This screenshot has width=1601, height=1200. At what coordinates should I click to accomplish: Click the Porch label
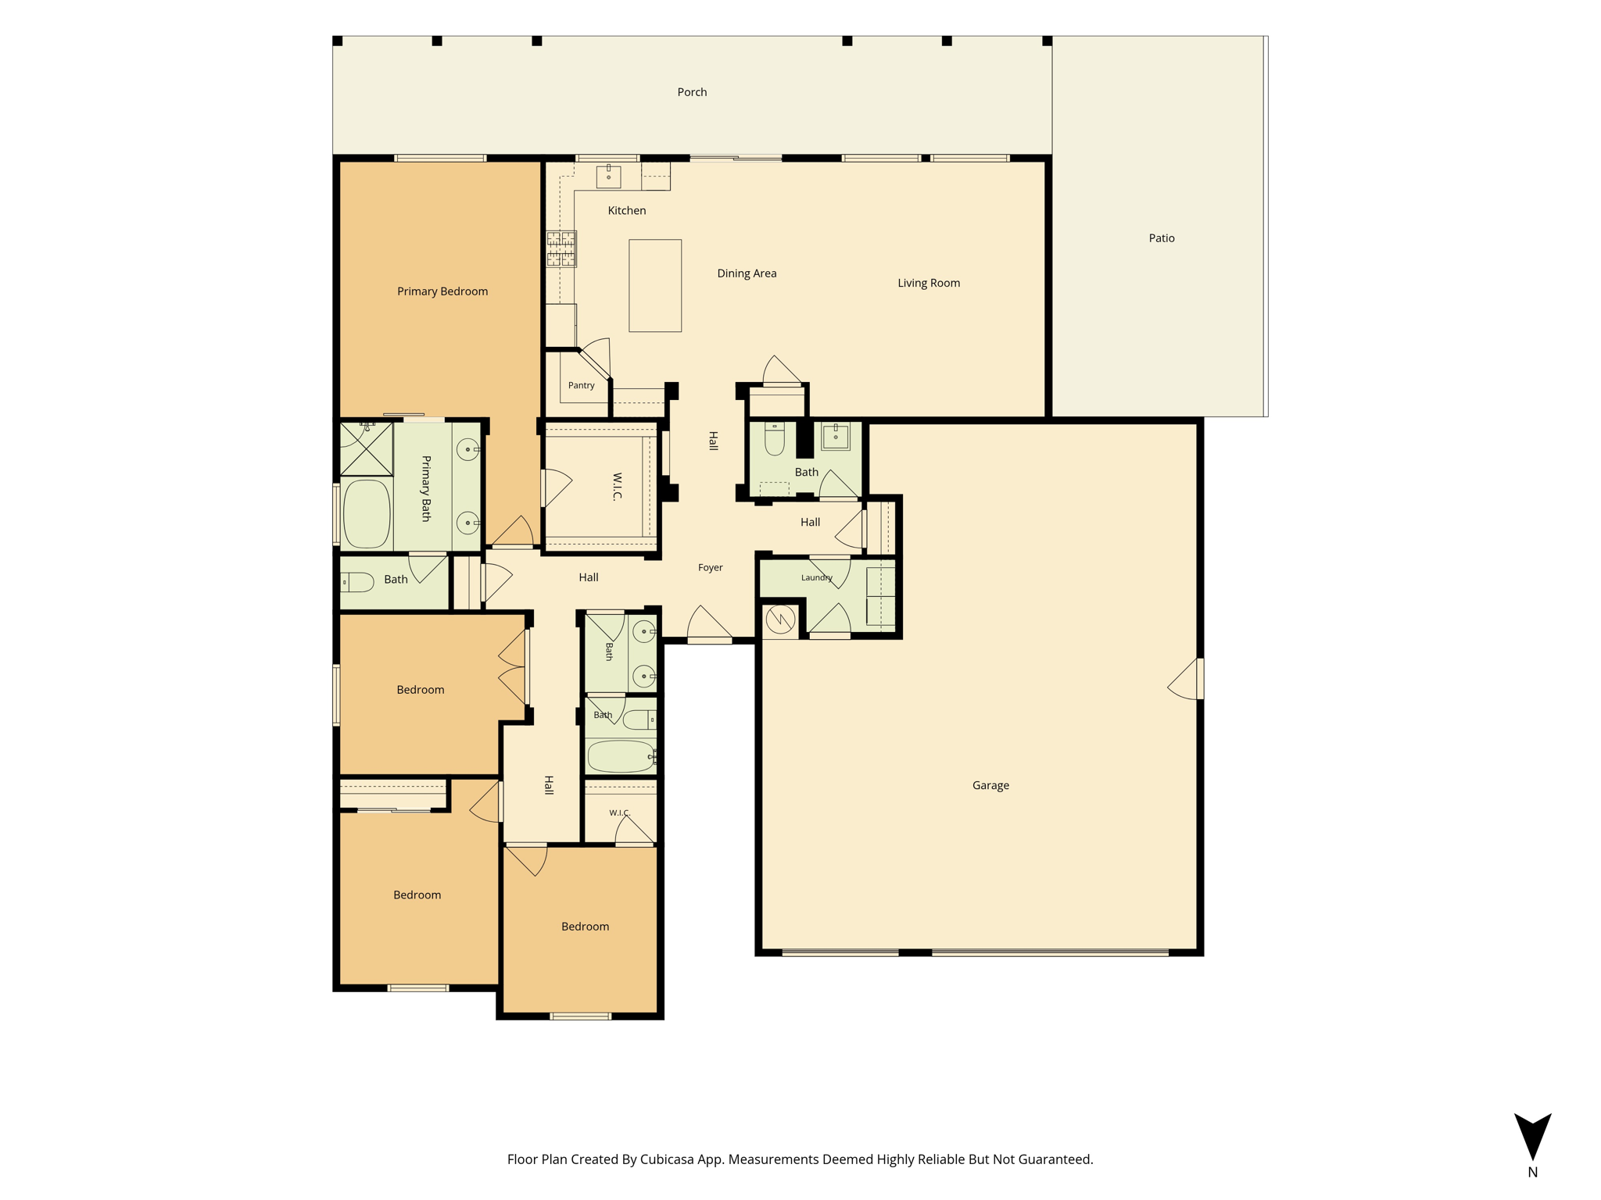coord(692,92)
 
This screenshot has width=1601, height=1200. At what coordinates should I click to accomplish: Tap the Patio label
coord(1162,238)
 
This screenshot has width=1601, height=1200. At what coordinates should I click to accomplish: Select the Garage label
coord(990,786)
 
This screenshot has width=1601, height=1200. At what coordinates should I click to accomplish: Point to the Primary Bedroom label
coord(442,291)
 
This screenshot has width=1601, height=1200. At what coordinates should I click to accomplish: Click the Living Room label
coord(929,283)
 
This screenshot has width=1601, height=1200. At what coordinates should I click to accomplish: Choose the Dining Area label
coord(747,273)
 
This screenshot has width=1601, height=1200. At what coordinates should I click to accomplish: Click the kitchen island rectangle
coord(655,286)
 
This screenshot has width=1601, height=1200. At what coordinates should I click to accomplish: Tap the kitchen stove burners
coord(561,248)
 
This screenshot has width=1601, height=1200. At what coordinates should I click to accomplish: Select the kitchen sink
coord(608,177)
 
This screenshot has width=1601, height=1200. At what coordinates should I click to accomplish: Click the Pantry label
coord(581,385)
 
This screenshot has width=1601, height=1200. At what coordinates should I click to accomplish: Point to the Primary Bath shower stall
coord(367,448)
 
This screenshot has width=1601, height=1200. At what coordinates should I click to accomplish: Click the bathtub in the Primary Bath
coord(367,513)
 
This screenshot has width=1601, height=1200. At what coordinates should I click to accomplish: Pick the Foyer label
coord(710,568)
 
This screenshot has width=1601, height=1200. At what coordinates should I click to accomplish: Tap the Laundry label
coord(817,578)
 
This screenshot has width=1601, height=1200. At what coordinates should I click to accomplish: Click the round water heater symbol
coord(780,620)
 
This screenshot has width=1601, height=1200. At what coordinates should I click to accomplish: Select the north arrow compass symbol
coord(1533,1137)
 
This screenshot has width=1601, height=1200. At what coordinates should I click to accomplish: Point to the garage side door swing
coord(1184,679)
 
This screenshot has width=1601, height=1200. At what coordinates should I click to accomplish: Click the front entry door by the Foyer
coord(710,624)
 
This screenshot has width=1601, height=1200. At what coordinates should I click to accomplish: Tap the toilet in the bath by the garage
coord(775,439)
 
